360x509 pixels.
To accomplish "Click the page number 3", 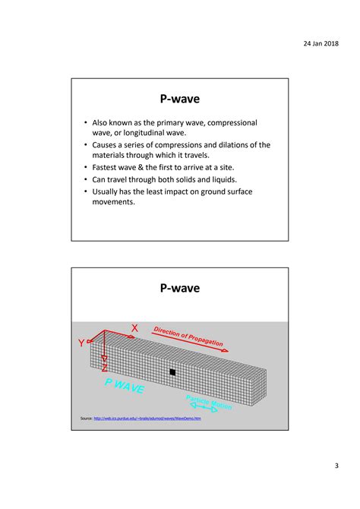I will point(335,466).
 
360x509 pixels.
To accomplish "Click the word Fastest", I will point(109,166).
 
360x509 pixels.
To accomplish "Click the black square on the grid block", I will point(173,372).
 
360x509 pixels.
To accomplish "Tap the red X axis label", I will point(134,328).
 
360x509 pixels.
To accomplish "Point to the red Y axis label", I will point(80,343).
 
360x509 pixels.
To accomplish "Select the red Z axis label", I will point(104,368).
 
